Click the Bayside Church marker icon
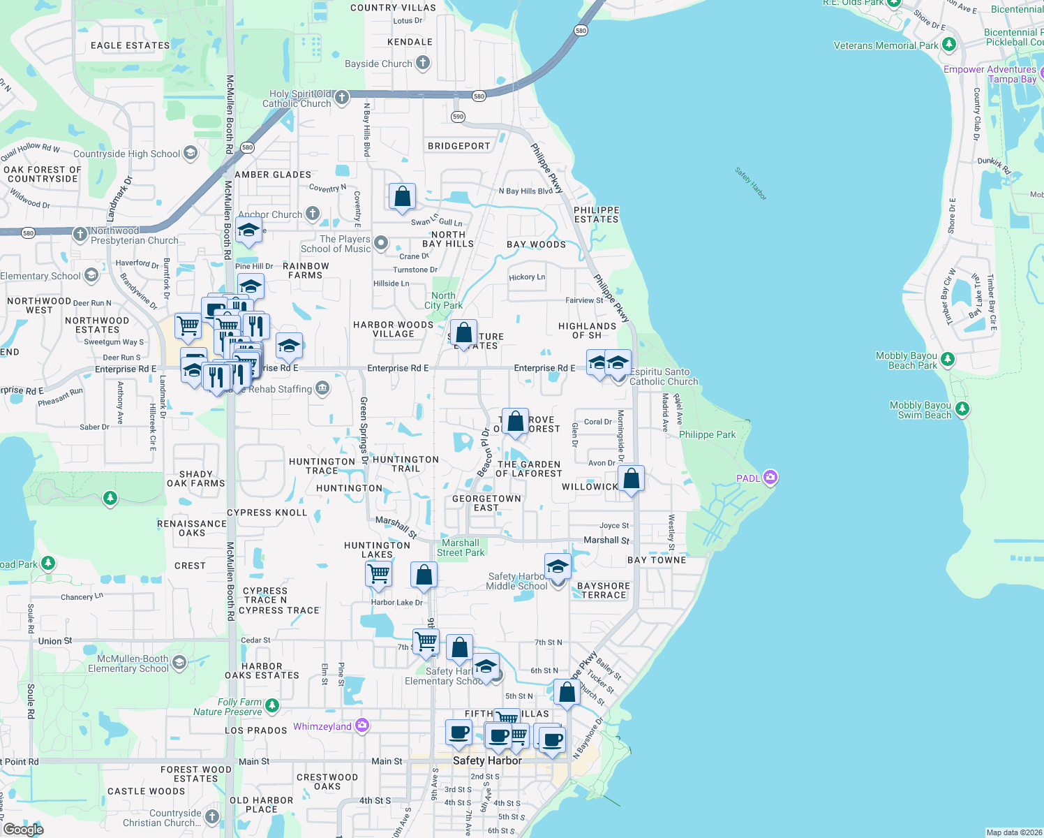coord(423,64)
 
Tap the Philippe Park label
coord(707,434)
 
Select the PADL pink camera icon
coord(770,478)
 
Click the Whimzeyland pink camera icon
coord(362,726)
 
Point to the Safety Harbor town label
coord(486,760)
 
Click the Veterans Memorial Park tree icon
coord(948,45)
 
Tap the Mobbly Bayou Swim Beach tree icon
coord(962,409)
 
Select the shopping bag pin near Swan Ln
coord(403,197)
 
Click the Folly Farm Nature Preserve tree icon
coord(272,706)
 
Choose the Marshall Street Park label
coord(461,547)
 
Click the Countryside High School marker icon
coord(191,154)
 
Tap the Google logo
coord(24,829)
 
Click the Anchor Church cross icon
coord(313,214)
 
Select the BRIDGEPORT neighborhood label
coord(458,146)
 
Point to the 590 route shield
coord(458,117)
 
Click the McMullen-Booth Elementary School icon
coord(179,663)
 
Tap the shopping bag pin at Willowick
coord(631,479)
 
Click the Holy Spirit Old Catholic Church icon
coord(342,98)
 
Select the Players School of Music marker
coord(381,243)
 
